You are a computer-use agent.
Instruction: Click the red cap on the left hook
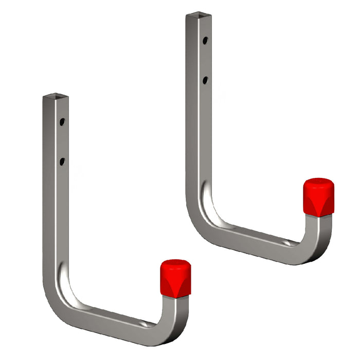coord(175,278)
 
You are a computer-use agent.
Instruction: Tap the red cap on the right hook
coord(318,196)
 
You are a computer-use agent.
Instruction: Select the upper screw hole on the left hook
coord(62,122)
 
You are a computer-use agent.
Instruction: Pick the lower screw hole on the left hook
coord(62,161)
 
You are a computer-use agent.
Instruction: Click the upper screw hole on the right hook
coord(205,40)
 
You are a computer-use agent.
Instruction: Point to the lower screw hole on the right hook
coord(205,80)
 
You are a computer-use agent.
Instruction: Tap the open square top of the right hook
coord(198,16)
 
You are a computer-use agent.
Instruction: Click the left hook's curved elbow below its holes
coord(59,298)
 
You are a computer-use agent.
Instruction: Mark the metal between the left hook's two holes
coord(62,142)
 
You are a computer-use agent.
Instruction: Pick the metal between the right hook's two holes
coord(205,60)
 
